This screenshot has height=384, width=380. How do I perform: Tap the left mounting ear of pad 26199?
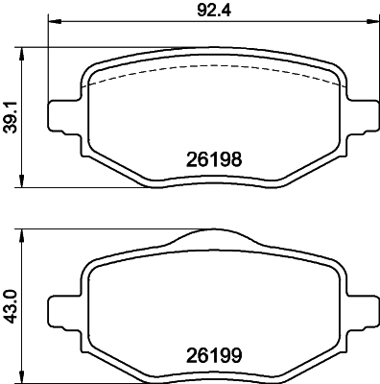coord(63,306)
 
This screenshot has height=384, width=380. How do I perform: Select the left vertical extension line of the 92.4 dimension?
coord(47,58)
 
